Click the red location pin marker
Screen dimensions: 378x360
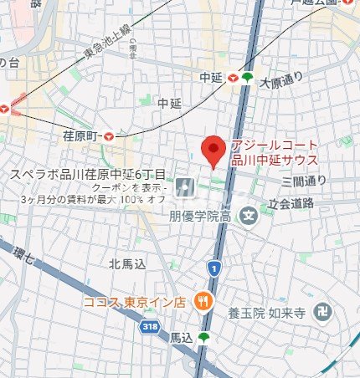(x=213, y=151)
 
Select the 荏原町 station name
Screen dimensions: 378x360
(x=81, y=135)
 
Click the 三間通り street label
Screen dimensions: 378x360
(x=304, y=180)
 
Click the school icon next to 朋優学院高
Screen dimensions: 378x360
(x=248, y=217)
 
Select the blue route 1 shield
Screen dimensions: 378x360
(x=214, y=268)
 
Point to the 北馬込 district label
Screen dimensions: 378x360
(x=127, y=264)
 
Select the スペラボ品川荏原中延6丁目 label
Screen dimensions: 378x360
(x=88, y=175)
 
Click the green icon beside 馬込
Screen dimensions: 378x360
(x=202, y=338)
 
